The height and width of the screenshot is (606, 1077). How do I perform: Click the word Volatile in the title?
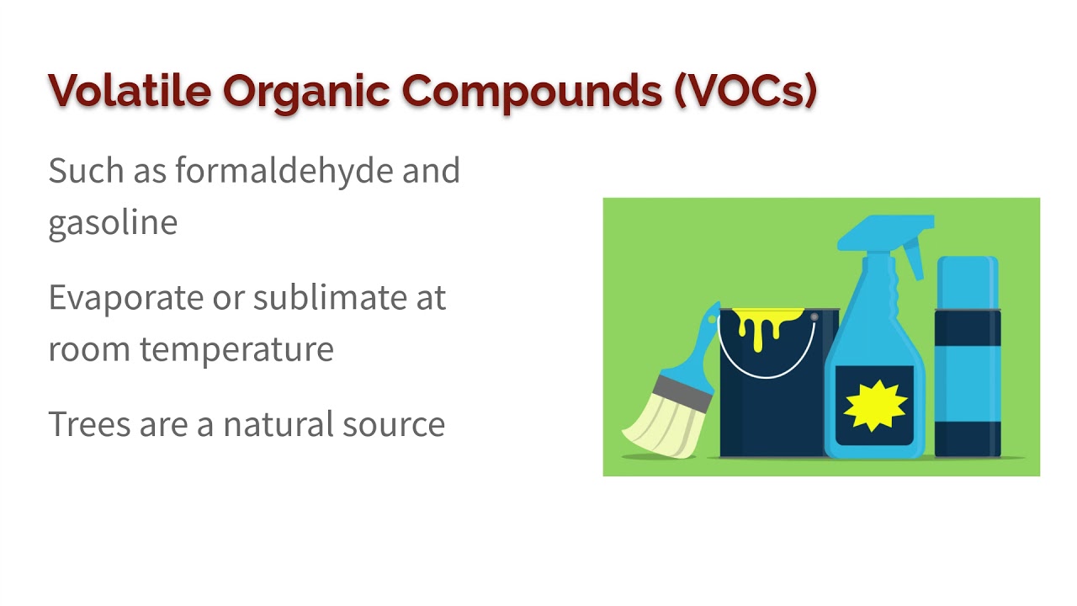[x=130, y=90]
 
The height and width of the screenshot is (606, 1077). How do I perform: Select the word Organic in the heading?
[x=305, y=93]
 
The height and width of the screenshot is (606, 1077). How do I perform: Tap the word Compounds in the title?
[x=532, y=93]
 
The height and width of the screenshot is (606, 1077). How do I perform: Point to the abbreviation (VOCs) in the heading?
[x=745, y=91]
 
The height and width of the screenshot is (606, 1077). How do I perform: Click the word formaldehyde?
[x=284, y=170]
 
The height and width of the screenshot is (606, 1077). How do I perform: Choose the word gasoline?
[x=113, y=224]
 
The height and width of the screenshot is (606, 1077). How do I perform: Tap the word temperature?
[x=236, y=350]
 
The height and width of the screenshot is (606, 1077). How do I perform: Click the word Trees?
[x=89, y=423]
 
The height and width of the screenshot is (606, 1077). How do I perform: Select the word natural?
[x=279, y=423]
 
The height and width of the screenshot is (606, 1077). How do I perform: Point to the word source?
[x=394, y=425]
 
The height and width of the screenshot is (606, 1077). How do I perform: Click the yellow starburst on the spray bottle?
[x=875, y=406]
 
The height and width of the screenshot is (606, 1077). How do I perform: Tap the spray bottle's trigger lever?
[x=914, y=258]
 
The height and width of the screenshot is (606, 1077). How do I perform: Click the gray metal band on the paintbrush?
[x=682, y=393]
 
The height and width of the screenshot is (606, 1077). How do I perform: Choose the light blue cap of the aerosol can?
[x=968, y=282]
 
